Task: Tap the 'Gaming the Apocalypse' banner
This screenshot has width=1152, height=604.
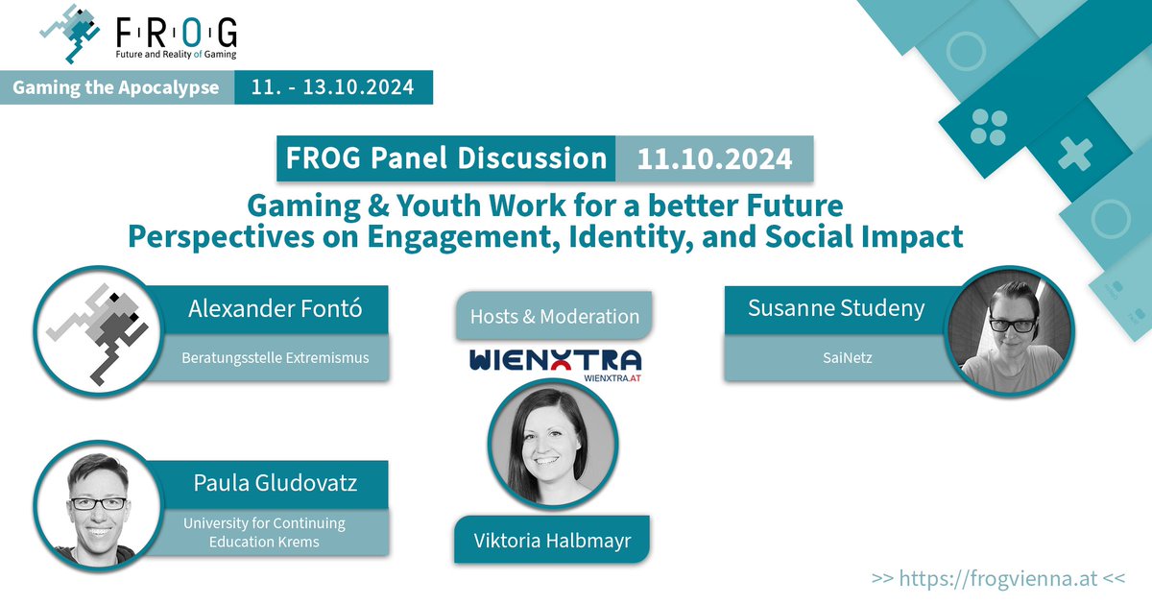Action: (115, 87)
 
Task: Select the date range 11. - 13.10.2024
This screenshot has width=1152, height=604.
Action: (332, 87)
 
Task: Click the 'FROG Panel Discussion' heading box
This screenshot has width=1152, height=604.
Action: (443, 158)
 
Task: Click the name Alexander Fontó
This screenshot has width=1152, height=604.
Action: (275, 309)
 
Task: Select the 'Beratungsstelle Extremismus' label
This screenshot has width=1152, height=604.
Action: (275, 359)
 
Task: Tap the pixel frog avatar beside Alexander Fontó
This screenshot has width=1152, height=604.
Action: (96, 331)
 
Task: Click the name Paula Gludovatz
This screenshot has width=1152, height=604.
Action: (275, 483)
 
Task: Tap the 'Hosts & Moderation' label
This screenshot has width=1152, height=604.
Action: (554, 316)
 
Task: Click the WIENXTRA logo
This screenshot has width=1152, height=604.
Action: (555, 363)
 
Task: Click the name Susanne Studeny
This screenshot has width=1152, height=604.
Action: (824, 308)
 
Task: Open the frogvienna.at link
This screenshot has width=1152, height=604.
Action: (998, 579)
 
